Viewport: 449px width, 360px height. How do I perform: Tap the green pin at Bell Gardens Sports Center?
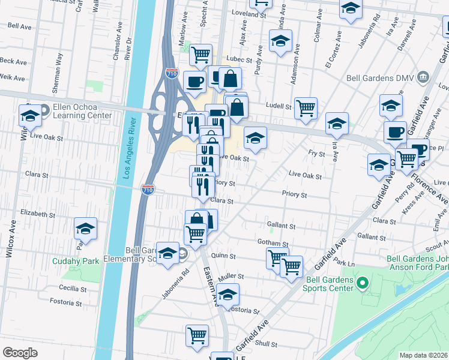pyautogui.click(x=362, y=282)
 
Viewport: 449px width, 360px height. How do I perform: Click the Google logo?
pyautogui.click(x=20, y=352)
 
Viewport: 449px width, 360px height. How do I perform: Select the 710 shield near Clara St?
pyautogui.click(x=148, y=190)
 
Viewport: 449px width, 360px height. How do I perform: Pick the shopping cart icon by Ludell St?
pyautogui.click(x=306, y=108)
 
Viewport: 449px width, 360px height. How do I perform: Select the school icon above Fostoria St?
pyautogui.click(x=228, y=295)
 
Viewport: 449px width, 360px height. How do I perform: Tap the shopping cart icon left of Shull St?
pyautogui.click(x=196, y=336)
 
